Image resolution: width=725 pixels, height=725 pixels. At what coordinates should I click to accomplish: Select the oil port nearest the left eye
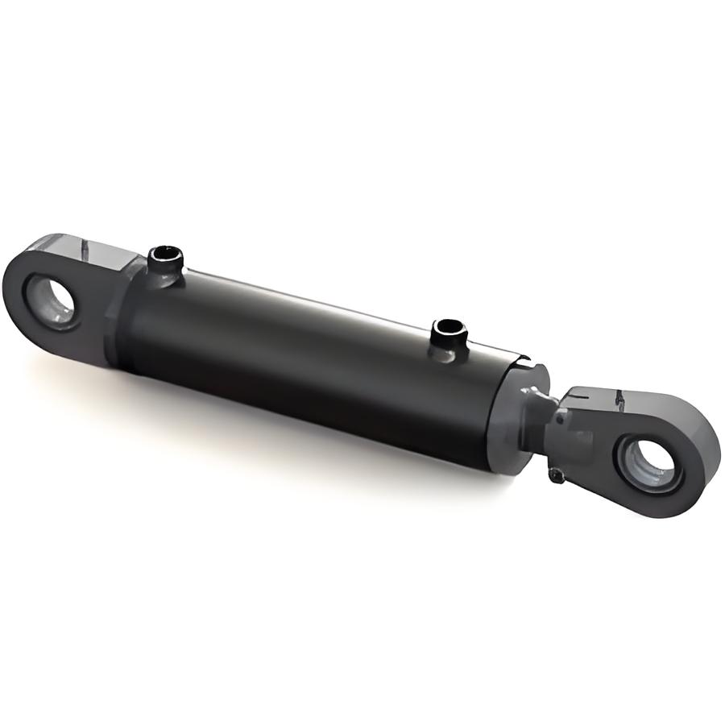click(165, 266)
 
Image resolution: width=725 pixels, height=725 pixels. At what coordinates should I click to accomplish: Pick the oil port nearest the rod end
click(448, 338)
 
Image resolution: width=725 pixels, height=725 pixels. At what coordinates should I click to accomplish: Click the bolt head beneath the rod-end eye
click(556, 475)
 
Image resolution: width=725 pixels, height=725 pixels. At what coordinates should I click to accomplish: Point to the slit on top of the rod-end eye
click(619, 399)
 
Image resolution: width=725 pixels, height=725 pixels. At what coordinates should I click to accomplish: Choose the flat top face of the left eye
click(89, 245)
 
